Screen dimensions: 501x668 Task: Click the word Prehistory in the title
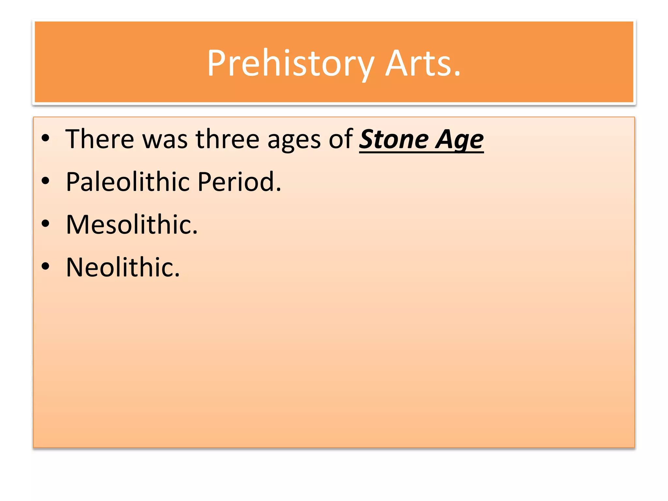click(290, 64)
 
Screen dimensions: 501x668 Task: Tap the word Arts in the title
click(419, 64)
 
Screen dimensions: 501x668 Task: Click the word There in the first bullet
click(99, 139)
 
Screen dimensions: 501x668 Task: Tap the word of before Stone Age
click(341, 139)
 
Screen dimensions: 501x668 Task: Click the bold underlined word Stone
click(394, 140)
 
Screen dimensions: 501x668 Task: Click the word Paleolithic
click(128, 182)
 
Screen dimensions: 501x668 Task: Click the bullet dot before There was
click(45, 138)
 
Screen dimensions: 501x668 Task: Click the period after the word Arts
click(457, 75)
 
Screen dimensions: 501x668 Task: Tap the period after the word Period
click(278, 190)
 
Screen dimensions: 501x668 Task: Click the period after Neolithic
click(177, 276)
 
